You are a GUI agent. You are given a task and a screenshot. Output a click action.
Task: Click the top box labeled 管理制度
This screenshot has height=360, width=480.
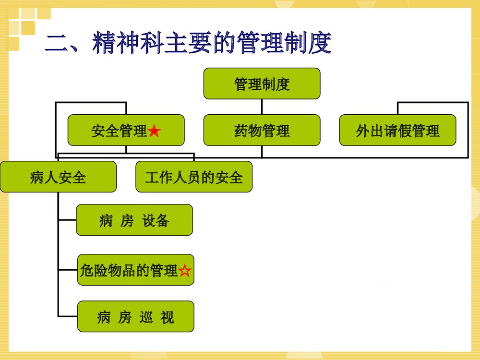[x=262, y=84]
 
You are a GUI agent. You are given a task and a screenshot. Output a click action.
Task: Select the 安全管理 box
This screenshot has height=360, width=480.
[x=126, y=130]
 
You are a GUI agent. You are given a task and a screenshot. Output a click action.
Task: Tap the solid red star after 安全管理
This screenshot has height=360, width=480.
[x=154, y=131]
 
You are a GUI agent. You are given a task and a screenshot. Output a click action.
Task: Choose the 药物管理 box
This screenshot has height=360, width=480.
[x=262, y=130]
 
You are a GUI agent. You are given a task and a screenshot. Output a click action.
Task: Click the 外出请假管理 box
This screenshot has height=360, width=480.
[x=397, y=130]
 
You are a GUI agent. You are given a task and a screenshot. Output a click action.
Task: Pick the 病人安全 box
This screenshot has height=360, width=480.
[x=58, y=177]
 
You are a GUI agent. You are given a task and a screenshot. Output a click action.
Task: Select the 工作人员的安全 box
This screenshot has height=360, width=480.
[x=194, y=177]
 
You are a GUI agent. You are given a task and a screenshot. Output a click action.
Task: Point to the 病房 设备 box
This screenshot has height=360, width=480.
[x=134, y=220]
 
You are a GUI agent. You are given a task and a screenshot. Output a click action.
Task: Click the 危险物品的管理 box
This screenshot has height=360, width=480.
[x=130, y=270]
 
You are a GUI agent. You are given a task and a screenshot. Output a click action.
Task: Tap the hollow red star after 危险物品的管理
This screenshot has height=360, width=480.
[x=185, y=271]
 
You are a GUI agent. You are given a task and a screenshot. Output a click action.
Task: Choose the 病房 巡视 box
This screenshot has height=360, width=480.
[x=136, y=316]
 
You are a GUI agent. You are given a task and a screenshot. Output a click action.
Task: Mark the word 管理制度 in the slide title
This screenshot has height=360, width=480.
[x=288, y=43]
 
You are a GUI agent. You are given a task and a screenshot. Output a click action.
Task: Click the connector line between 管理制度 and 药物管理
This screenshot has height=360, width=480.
[x=262, y=107]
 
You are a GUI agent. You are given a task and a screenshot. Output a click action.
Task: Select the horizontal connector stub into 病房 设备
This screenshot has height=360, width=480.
[x=67, y=220]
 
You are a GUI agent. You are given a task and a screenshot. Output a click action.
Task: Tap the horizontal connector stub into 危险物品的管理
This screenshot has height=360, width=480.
[x=68, y=270]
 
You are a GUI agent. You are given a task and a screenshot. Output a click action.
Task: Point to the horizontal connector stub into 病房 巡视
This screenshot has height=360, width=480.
[x=68, y=316]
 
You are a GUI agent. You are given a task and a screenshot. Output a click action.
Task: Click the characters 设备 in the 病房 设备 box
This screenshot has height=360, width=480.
[x=156, y=220]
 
